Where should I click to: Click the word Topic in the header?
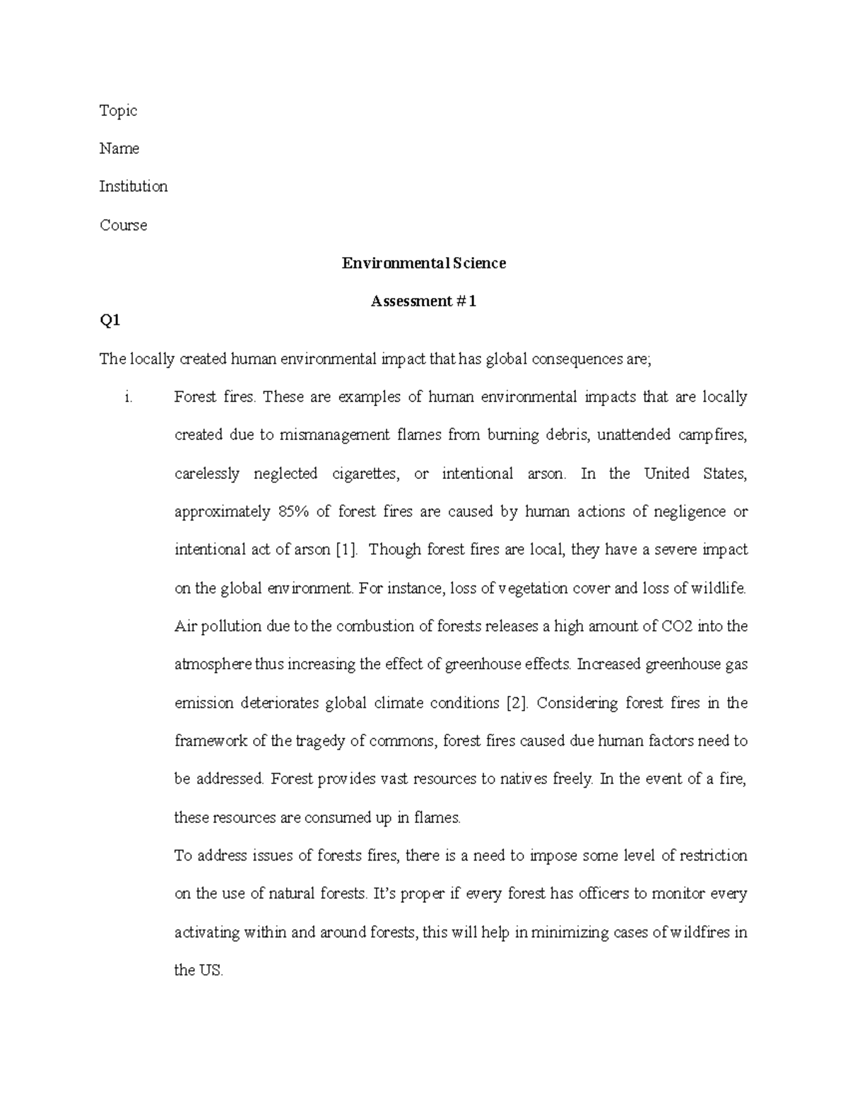pos(118,110)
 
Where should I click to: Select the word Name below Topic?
pos(119,148)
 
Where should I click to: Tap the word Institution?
pos(133,186)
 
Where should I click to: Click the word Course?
pos(123,225)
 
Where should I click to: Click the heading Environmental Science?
pos(423,263)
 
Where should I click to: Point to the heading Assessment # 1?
pos(423,302)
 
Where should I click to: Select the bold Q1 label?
pos(110,321)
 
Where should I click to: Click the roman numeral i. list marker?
pos(128,397)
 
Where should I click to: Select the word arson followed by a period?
pos(546,473)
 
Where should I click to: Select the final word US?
pos(211,971)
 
